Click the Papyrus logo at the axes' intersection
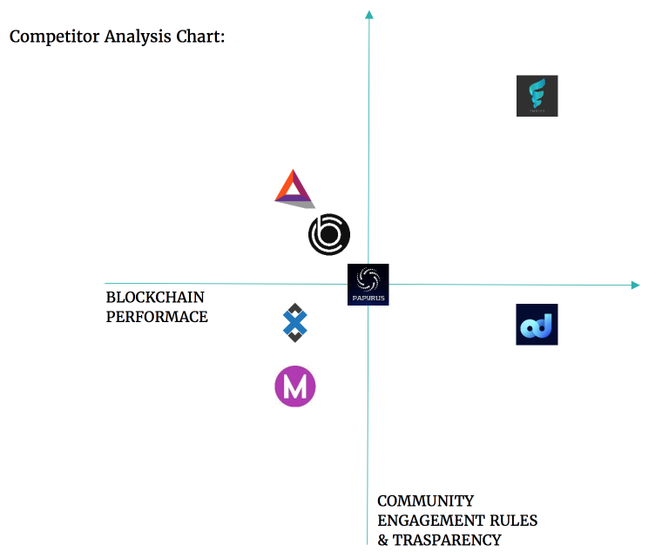(x=368, y=284)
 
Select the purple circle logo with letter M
(x=294, y=387)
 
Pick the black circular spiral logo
(x=329, y=234)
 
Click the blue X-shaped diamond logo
(x=295, y=323)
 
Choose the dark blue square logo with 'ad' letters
(x=537, y=324)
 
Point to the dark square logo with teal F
(x=537, y=96)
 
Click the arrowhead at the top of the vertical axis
(x=369, y=15)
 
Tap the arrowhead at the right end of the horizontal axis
(x=635, y=285)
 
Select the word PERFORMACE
(x=157, y=317)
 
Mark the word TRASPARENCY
(x=446, y=540)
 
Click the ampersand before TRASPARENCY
(x=383, y=540)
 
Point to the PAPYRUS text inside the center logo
(x=368, y=298)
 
